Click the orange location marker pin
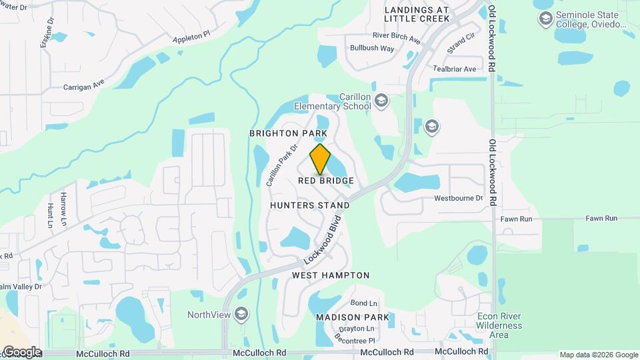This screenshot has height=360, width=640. pyautogui.click(x=321, y=159)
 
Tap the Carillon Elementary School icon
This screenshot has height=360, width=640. pyautogui.click(x=381, y=101)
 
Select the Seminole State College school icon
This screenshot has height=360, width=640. pyautogui.click(x=546, y=19)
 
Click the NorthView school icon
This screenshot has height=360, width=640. pyautogui.click(x=241, y=314)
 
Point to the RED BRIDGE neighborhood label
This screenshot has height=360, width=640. pyautogui.click(x=325, y=181)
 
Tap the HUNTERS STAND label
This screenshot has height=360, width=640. pyautogui.click(x=310, y=205)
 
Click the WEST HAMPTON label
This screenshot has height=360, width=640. pyautogui.click(x=331, y=275)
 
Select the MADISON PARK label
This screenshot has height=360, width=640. pyautogui.click(x=352, y=317)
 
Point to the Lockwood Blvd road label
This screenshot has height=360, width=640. pyautogui.click(x=323, y=239)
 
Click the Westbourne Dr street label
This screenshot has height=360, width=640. pyautogui.click(x=458, y=198)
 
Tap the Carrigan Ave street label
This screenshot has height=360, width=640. pyautogui.click(x=84, y=86)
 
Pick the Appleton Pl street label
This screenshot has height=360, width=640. pyautogui.click(x=191, y=36)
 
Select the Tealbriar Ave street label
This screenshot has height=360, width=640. pyautogui.click(x=455, y=69)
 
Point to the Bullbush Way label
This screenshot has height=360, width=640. pyautogui.click(x=372, y=48)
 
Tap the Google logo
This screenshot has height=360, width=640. pyautogui.click(x=22, y=351)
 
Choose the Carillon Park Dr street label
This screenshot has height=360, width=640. pyautogui.click(x=281, y=167)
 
